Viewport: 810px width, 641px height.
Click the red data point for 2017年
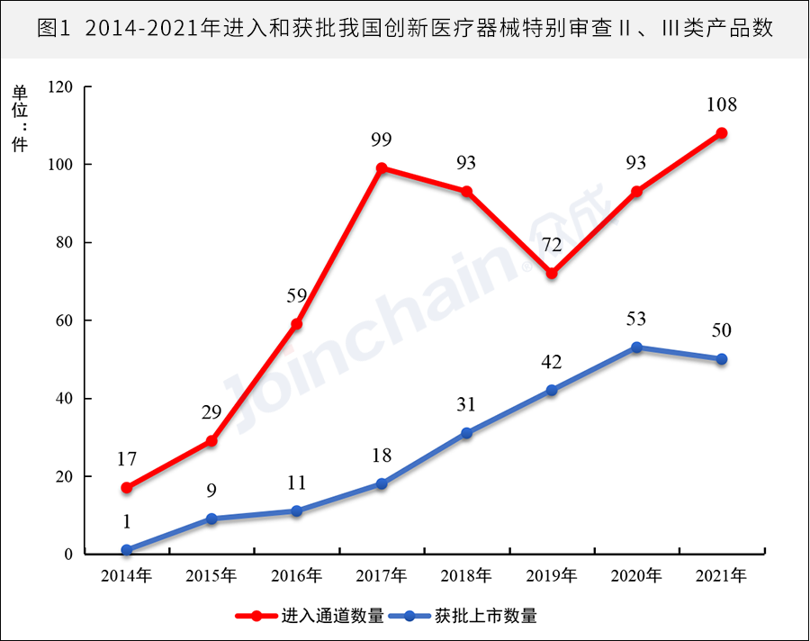(382, 168)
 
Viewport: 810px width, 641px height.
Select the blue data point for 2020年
(636, 348)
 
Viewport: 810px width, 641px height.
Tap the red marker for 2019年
(552, 274)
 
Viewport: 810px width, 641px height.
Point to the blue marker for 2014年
(127, 550)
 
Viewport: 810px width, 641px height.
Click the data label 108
(721, 104)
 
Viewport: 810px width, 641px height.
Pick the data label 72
(552, 245)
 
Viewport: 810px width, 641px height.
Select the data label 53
(636, 319)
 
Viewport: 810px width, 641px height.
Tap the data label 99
(382, 140)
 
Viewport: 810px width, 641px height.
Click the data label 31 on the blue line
(466, 404)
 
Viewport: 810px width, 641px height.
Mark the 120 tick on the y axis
(61, 87)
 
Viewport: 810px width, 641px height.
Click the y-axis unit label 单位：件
(20, 118)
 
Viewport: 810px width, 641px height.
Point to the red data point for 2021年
(721, 133)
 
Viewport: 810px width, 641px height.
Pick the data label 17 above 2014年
(127, 459)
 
